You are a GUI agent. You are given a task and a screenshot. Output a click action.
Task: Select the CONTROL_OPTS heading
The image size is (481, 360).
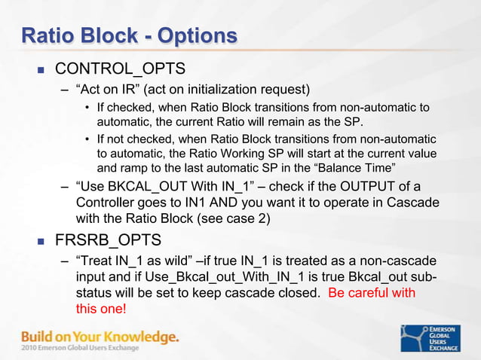tap(120, 69)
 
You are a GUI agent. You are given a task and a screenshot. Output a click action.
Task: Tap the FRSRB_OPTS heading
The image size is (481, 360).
tap(109, 241)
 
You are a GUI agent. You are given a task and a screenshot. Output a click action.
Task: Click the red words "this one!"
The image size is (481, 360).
tap(102, 309)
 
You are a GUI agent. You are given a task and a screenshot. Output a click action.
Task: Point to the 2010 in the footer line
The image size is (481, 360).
tap(31, 347)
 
